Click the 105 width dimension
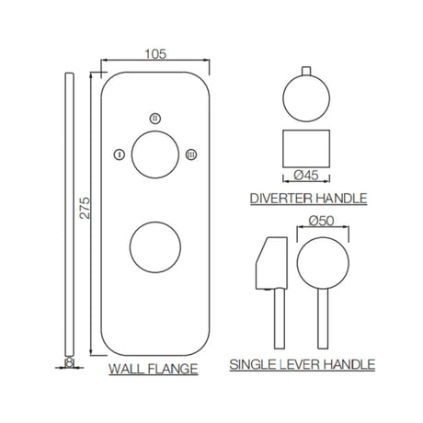(155, 53)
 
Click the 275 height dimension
(86, 213)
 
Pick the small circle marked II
(154, 118)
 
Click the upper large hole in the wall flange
(154, 153)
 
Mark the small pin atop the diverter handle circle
(309, 72)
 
